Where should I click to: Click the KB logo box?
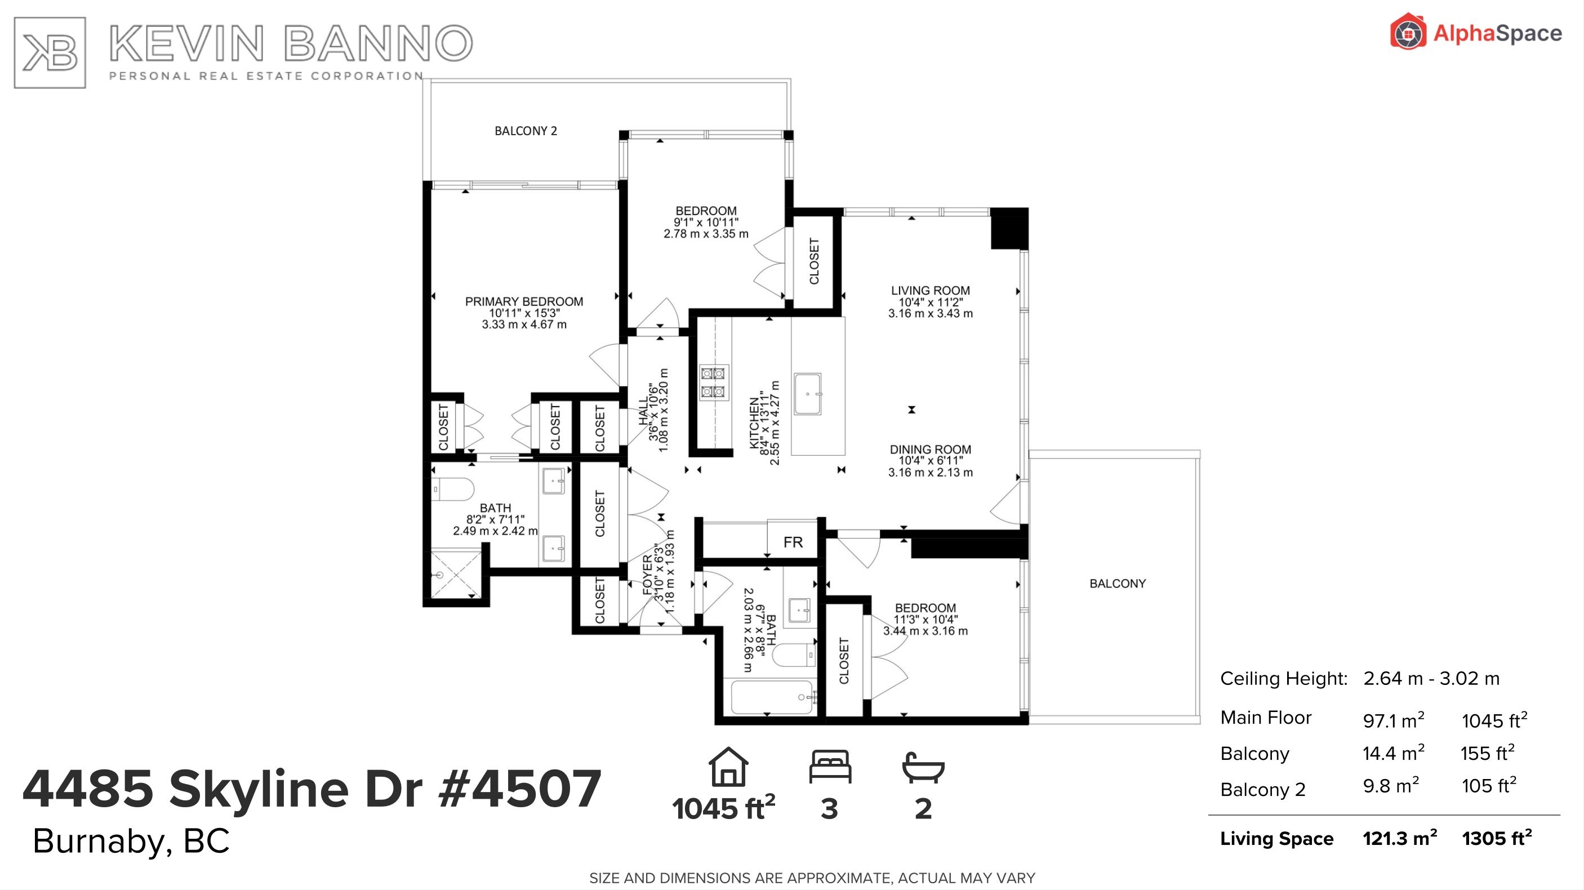[x=50, y=52]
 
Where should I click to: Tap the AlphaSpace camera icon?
[x=1408, y=32]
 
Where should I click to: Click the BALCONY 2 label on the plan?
[x=526, y=130]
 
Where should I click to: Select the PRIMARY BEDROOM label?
[x=524, y=301]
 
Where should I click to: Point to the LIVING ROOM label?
[x=931, y=290]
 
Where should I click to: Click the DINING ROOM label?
[x=931, y=450]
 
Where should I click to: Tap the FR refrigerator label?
[x=793, y=542]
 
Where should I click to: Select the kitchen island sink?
[x=807, y=394]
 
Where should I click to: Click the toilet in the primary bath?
[x=452, y=489]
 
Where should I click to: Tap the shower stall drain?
[x=440, y=575]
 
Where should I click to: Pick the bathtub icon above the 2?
[x=923, y=768]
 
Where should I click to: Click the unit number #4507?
[x=519, y=789]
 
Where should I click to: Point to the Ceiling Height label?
[x=1284, y=678]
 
